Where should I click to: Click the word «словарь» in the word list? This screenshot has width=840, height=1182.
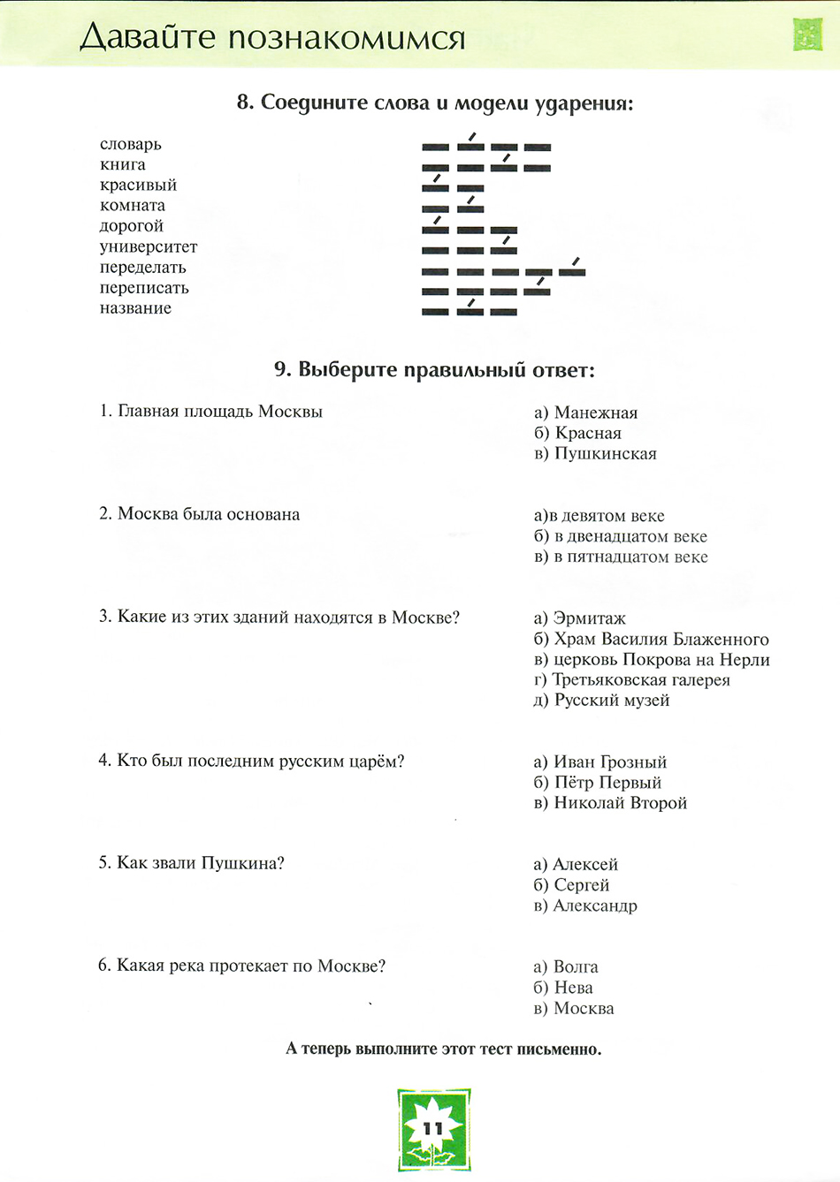[x=130, y=144]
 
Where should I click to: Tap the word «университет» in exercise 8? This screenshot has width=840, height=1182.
[x=148, y=246]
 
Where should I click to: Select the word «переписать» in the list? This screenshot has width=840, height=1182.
[x=143, y=288]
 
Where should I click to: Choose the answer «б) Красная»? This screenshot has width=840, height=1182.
[x=577, y=433]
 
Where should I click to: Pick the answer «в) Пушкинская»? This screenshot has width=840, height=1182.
[x=595, y=453]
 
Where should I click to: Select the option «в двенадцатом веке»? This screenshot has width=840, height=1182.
[x=621, y=536]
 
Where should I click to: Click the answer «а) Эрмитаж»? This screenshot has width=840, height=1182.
[x=579, y=618]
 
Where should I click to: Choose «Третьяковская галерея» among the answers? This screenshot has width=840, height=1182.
[x=632, y=679]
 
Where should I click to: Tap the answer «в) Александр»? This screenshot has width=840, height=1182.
[x=585, y=905]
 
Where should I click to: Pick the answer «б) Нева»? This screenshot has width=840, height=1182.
[x=563, y=988]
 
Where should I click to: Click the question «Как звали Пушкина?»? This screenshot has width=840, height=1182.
[x=191, y=863]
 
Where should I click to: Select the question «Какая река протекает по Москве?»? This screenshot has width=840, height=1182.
[x=241, y=966]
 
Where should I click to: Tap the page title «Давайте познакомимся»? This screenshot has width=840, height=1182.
[x=272, y=38]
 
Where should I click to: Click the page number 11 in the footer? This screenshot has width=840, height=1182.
[x=433, y=1128]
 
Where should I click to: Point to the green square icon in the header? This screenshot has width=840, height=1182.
[x=807, y=34]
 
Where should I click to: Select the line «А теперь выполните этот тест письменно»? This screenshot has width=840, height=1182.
[x=443, y=1049]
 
